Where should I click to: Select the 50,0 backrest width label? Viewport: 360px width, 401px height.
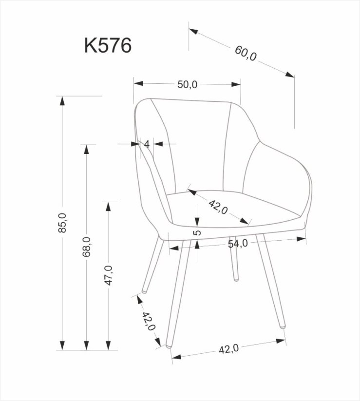[187, 84]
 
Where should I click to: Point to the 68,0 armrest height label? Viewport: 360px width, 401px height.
[87, 247]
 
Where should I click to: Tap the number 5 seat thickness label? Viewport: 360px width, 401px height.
[197, 232]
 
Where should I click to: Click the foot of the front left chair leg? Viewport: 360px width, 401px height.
[168, 345]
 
